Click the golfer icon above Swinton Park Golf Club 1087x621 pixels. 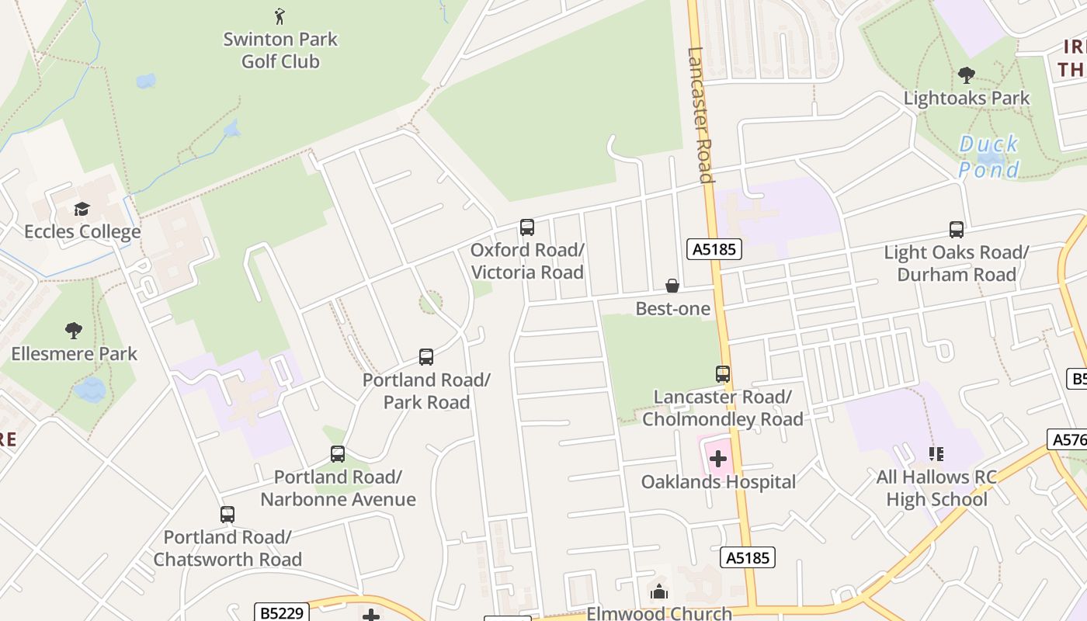coord(280,16)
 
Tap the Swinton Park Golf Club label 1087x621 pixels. coord(280,50)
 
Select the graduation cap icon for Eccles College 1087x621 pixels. coord(82,209)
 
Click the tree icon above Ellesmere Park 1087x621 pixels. coord(74,331)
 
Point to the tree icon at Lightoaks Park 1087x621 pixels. coord(967,75)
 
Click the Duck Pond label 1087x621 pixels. coord(988,157)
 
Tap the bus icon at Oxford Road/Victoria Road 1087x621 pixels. coord(527,227)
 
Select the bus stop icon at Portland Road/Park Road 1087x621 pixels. coord(426,357)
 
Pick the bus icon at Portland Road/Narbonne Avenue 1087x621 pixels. coord(338,454)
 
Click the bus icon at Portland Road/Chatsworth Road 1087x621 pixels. coord(227,514)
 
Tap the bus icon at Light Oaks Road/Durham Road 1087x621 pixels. coord(957,230)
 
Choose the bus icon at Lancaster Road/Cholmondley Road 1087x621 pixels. coord(723,374)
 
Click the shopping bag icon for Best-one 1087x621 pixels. coord(672,286)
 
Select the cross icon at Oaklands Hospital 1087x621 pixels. coord(719,458)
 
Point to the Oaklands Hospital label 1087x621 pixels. coord(718,482)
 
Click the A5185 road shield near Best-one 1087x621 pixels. coord(714,249)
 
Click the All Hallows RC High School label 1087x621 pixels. coord(936,487)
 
